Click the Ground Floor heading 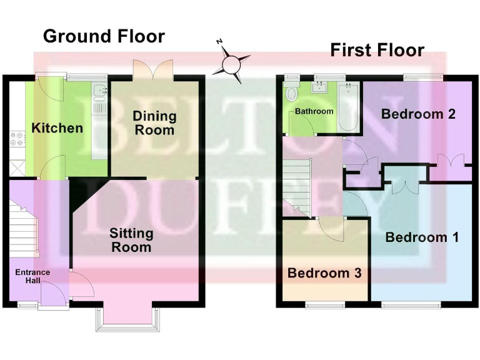[x=104, y=36]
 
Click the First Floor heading [x=377, y=50]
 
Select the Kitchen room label [x=57, y=128]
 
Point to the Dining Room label [x=154, y=123]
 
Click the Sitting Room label [x=131, y=240]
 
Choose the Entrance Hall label [x=32, y=277]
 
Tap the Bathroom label [x=314, y=111]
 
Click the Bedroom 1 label [x=422, y=237]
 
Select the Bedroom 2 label [x=418, y=114]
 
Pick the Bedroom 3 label [x=324, y=273]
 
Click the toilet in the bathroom [x=291, y=94]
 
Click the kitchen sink [x=100, y=94]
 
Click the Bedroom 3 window [x=325, y=306]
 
